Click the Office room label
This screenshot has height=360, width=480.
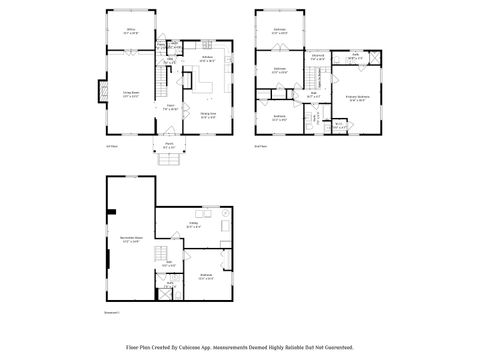(130, 32)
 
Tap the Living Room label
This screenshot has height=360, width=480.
(130, 95)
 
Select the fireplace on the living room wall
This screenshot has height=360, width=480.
(99, 93)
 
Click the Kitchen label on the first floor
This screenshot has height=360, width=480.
(207, 59)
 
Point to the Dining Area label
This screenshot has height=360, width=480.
(206, 116)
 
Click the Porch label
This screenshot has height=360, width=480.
(167, 147)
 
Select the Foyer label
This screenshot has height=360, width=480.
(171, 108)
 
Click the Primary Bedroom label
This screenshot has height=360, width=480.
(358, 98)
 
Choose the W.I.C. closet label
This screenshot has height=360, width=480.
(339, 126)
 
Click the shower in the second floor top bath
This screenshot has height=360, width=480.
(374, 59)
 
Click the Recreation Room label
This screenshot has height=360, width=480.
(131, 240)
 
